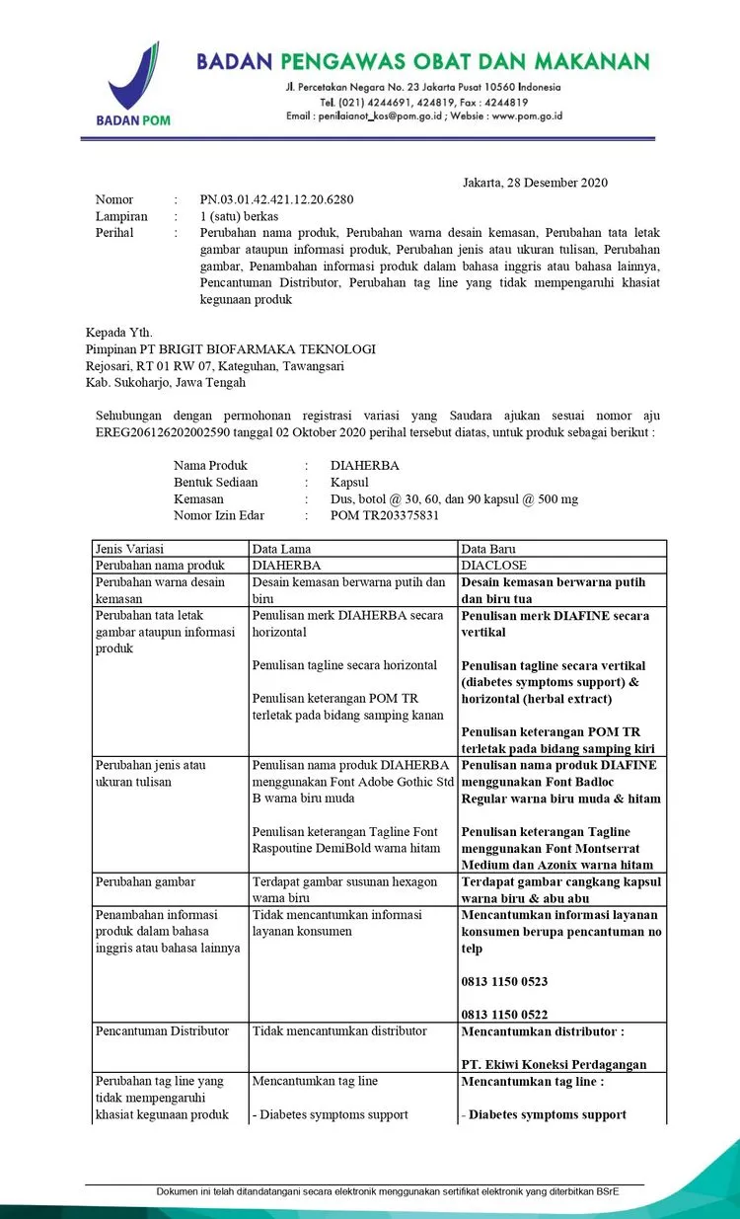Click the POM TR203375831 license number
coord(385,515)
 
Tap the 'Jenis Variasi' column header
coord(129,549)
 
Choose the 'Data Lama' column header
coord(282,549)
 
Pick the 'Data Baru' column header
coord(488,549)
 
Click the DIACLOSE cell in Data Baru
coord(494,566)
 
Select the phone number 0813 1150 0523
coord(504,982)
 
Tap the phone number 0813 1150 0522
coord(504,1015)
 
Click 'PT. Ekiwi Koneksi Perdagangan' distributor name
coord(554,1064)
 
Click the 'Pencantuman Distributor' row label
coord(162,1031)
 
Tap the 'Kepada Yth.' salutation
coord(119,333)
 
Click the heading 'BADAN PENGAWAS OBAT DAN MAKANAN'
coord(423,62)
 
